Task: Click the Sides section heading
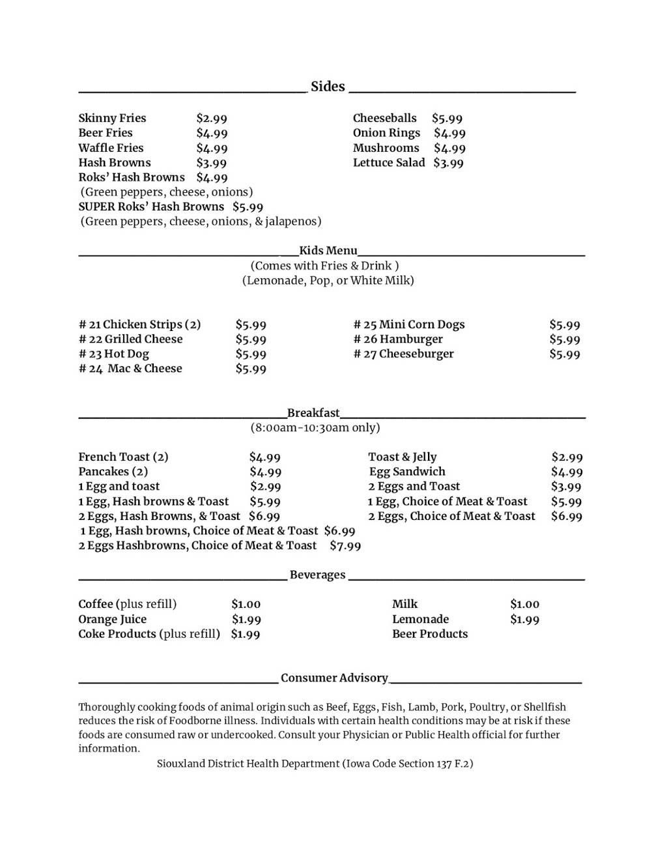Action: pos(328,87)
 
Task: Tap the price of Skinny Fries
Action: pos(212,119)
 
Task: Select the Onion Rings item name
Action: pos(386,133)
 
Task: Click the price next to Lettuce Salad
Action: pos(448,163)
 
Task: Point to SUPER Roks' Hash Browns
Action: pos(151,207)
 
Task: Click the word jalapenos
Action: pos(293,222)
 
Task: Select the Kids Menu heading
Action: pos(328,251)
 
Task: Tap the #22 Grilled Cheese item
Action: pos(131,339)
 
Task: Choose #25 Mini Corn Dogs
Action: pos(409,324)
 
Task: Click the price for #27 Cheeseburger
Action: pos(565,354)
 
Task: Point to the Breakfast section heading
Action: pos(313,413)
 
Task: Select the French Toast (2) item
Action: pos(123,457)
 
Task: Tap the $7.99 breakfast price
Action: pos(345,546)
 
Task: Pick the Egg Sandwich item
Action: pos(407,472)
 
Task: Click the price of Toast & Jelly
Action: pos(567,457)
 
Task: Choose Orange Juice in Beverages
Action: pos(112,620)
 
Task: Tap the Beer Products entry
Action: pos(430,634)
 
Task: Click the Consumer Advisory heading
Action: pos(334,678)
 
